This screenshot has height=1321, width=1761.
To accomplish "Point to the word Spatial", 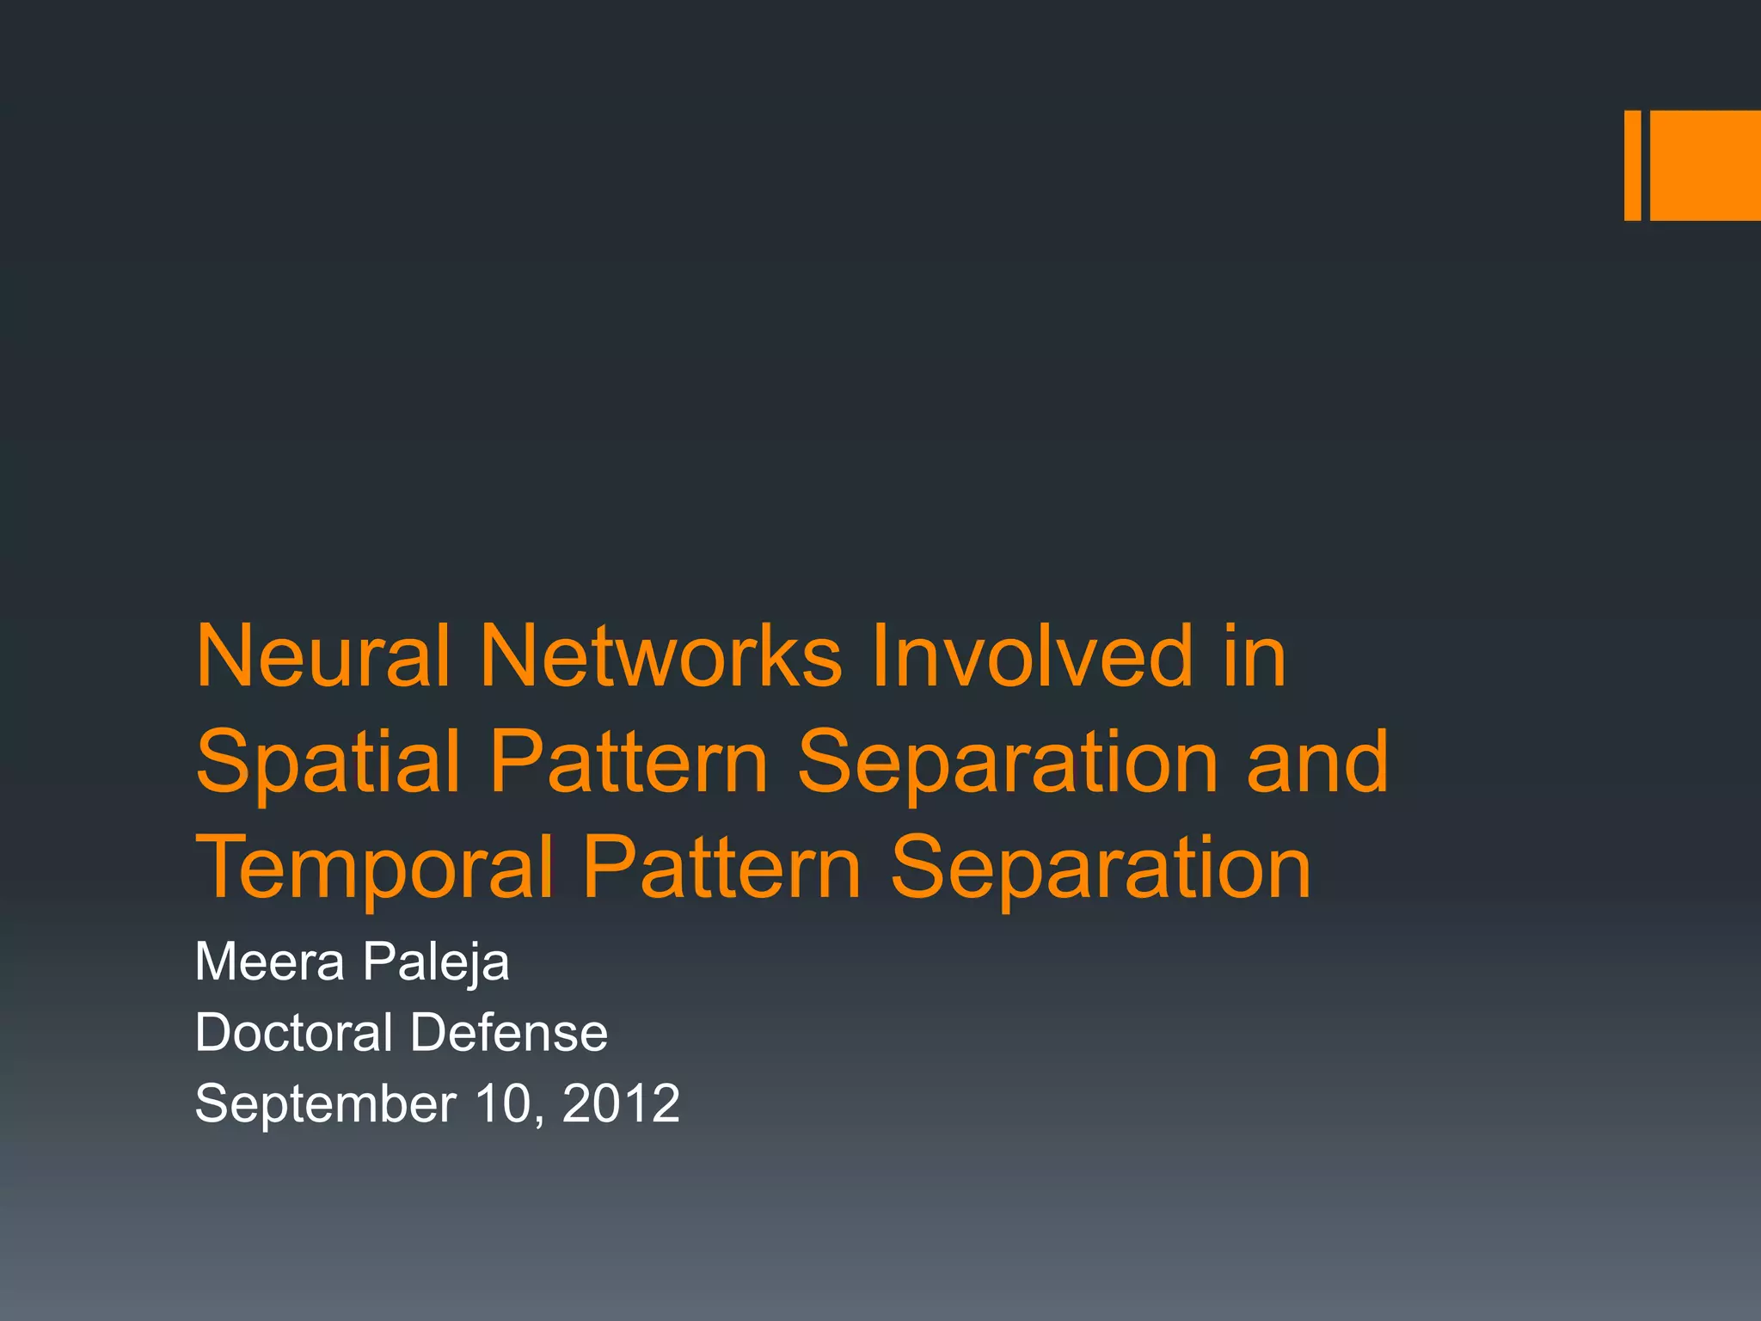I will point(328,762).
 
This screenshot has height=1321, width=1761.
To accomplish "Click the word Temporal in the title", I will point(374,869).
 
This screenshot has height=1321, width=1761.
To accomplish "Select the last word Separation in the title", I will point(1101,869).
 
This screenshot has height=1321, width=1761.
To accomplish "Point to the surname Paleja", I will point(436,963).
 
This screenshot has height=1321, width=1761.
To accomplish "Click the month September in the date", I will point(325,1104).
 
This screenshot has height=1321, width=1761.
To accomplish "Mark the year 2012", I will point(621,1103).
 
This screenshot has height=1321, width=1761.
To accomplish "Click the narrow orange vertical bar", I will point(1632,165).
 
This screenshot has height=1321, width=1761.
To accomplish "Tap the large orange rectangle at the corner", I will point(1705,165).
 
